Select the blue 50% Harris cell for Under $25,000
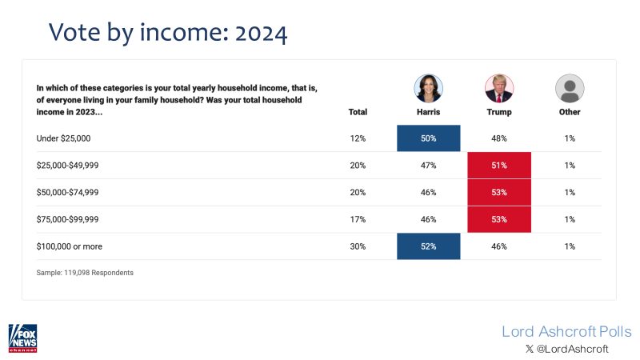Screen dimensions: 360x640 click(428, 138)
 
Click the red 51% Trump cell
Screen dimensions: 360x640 click(499, 166)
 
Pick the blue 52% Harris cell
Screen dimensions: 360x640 click(428, 246)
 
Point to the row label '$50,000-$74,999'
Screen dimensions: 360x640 click(69, 193)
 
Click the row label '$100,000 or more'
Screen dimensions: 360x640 click(70, 246)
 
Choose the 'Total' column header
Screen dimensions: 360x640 click(358, 112)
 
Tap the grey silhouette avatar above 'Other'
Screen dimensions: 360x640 click(570, 87)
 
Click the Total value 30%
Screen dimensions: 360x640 click(358, 246)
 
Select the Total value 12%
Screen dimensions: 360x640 click(358, 138)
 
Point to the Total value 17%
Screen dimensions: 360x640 click(358, 219)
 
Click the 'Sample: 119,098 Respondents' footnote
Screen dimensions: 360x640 click(85, 273)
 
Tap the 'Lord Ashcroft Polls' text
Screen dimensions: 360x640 click(566, 331)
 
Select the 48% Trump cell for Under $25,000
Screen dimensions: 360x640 click(499, 138)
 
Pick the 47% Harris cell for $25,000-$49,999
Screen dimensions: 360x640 click(428, 166)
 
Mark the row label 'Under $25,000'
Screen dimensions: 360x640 click(64, 138)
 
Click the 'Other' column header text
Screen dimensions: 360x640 click(570, 112)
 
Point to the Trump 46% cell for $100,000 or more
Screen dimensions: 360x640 click(499, 246)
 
